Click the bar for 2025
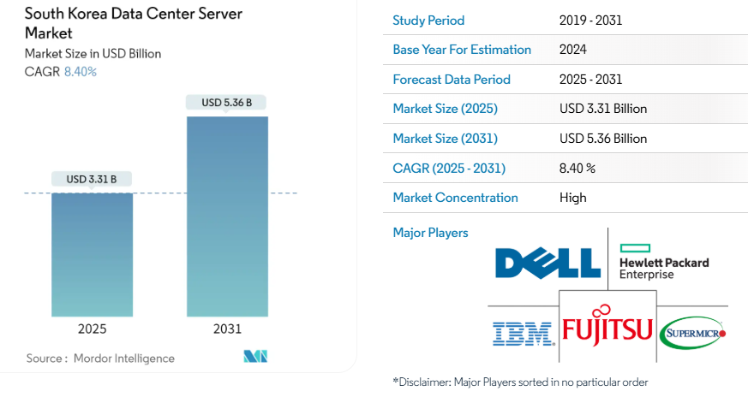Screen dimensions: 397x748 (x=92, y=254)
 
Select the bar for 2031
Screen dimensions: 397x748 (x=227, y=216)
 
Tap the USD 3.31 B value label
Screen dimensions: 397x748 (x=92, y=179)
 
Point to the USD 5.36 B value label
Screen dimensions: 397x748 (x=226, y=103)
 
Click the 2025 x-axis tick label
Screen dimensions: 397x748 (x=92, y=329)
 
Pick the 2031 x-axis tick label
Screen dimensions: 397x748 (x=227, y=329)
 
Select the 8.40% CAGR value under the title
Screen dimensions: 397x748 (x=81, y=72)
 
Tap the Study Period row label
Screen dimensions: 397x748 (x=428, y=21)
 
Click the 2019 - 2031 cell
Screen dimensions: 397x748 (x=589, y=21)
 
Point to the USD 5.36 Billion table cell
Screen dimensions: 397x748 (x=603, y=139)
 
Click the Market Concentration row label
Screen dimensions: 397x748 (x=455, y=198)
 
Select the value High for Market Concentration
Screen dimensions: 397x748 (x=572, y=198)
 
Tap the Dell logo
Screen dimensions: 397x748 (x=548, y=262)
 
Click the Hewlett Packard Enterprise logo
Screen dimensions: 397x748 (x=663, y=262)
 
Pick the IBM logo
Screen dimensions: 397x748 (x=522, y=333)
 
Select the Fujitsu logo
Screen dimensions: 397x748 (x=607, y=328)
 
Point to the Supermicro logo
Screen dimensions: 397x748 (x=694, y=333)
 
